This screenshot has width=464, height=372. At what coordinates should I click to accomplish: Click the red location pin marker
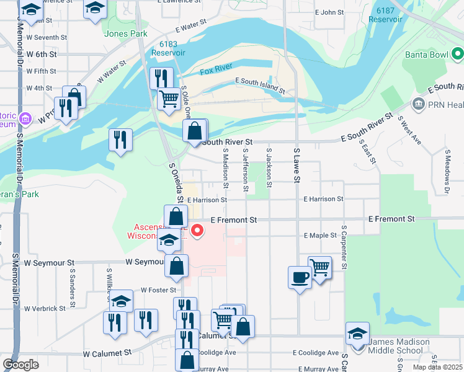(x=198, y=231)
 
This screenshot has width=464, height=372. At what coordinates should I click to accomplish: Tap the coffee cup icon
(x=300, y=277)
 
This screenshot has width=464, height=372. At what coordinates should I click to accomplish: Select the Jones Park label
(x=126, y=33)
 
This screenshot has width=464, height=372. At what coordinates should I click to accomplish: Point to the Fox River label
(x=216, y=71)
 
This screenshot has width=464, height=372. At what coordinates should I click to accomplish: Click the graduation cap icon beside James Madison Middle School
(x=357, y=334)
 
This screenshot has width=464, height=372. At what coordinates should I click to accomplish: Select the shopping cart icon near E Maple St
(x=319, y=268)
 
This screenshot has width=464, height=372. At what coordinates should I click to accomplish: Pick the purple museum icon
(x=25, y=118)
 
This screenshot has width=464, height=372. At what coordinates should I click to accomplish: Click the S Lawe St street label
(x=297, y=166)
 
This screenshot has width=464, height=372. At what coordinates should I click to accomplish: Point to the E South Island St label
(x=260, y=86)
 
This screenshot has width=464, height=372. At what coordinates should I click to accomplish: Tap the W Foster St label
(x=159, y=290)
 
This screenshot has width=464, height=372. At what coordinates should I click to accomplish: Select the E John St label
(x=329, y=12)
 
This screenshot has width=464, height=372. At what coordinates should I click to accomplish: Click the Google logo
(x=21, y=365)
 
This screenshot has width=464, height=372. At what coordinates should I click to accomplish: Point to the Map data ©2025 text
(x=437, y=367)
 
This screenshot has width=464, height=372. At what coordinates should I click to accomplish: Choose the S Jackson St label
(x=269, y=167)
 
